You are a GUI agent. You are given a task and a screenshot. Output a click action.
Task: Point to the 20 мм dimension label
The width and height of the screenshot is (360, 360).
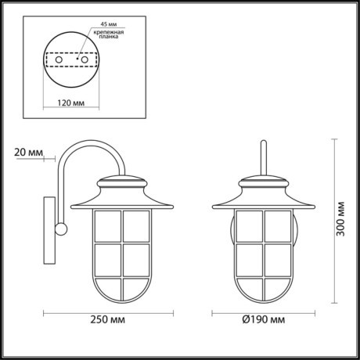28,152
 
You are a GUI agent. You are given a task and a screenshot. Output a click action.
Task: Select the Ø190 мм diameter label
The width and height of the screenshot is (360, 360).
262,320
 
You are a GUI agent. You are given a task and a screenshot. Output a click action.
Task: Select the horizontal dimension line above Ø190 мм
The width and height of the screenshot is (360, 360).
264,312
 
